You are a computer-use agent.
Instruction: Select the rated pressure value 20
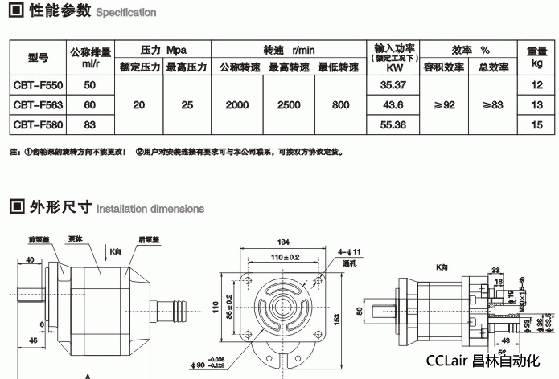pyautogui.click(x=140, y=104)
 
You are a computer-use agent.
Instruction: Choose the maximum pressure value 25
pyautogui.click(x=187, y=104)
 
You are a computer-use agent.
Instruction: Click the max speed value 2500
pyautogui.click(x=289, y=104)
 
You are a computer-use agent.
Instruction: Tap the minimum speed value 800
pyautogui.click(x=340, y=104)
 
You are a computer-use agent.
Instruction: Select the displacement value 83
pyautogui.click(x=89, y=124)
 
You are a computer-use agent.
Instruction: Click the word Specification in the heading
pyautogui.click(x=125, y=14)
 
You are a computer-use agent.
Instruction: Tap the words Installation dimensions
pyautogui.click(x=150, y=209)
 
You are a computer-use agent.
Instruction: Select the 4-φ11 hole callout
pyautogui.click(x=350, y=252)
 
